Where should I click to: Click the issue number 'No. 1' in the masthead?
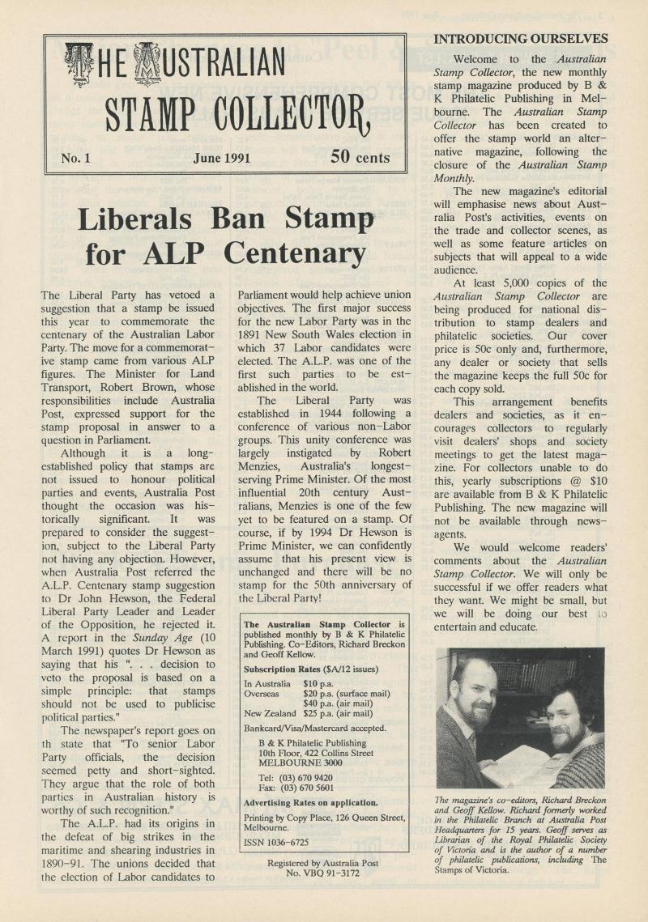75,158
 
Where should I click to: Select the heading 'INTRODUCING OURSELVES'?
522,38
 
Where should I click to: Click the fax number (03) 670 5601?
304,788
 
